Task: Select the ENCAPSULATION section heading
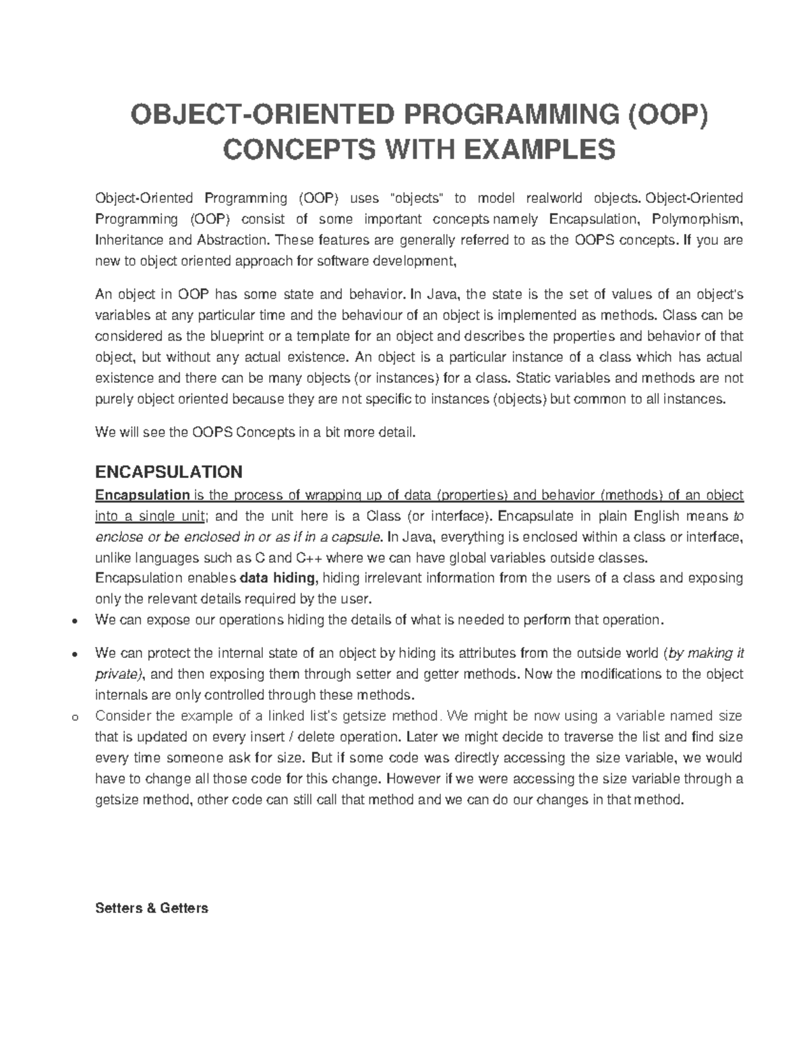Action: [169, 471]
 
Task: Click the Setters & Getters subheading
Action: [152, 908]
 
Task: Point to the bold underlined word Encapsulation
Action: [142, 496]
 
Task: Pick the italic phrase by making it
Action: [705, 653]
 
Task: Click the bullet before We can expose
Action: [76, 621]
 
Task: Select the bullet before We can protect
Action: [76, 655]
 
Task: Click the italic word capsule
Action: [361, 537]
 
